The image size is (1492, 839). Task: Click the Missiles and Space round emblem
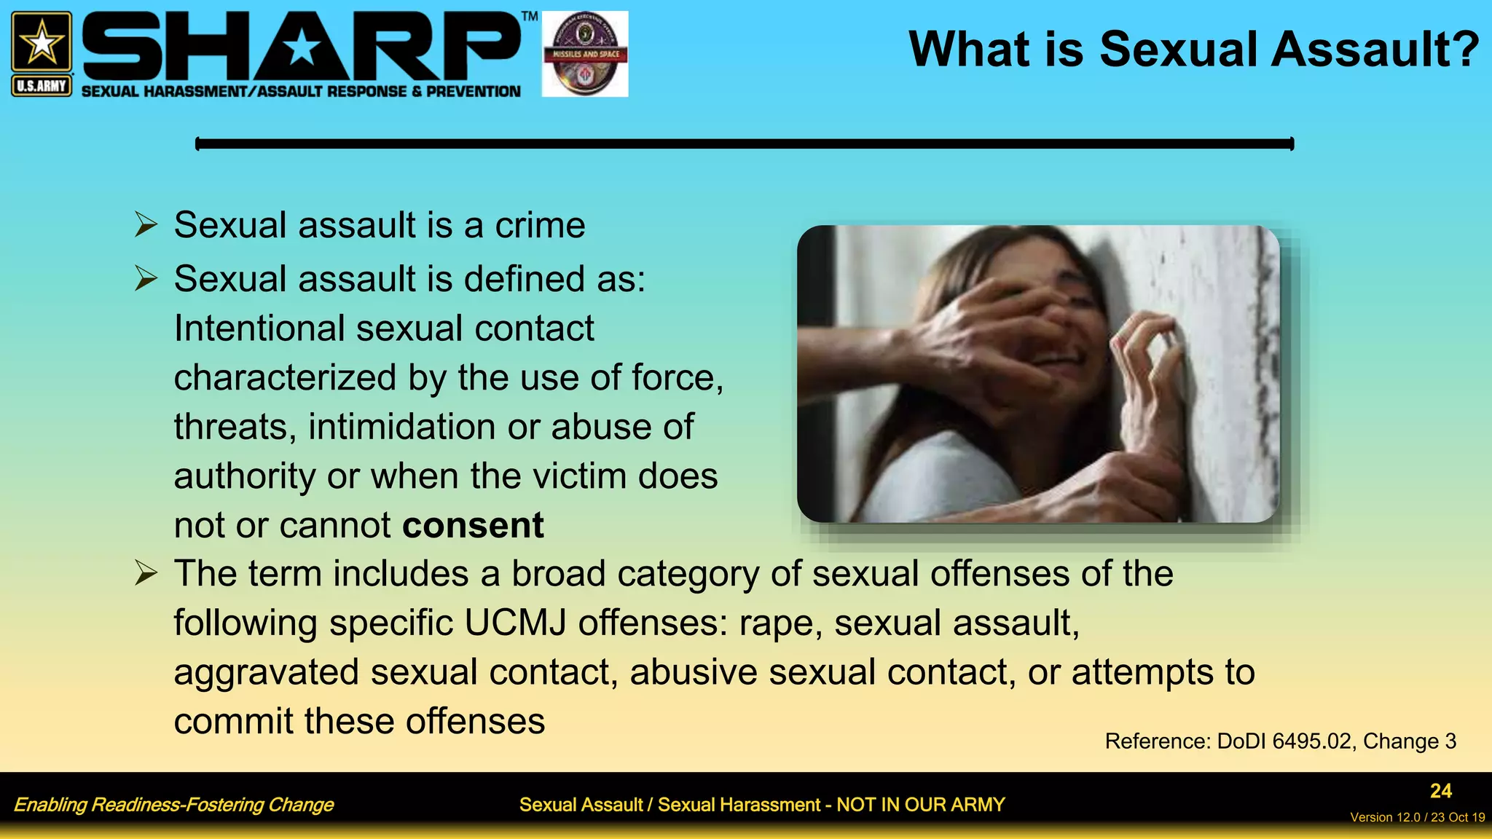(585, 54)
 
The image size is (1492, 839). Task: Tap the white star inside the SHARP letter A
(301, 50)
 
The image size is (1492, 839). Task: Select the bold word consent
(473, 525)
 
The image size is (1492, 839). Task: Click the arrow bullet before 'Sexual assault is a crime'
(146, 225)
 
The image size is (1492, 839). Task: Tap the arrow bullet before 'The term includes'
(146, 574)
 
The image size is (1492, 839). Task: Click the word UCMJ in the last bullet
(515, 623)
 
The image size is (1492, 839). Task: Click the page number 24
(1440, 791)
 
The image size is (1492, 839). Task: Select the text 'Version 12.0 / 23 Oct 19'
(1417, 817)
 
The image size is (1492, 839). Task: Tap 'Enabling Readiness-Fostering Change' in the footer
(173, 805)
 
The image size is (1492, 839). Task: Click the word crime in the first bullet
(540, 225)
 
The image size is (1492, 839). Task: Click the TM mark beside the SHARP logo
(530, 16)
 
